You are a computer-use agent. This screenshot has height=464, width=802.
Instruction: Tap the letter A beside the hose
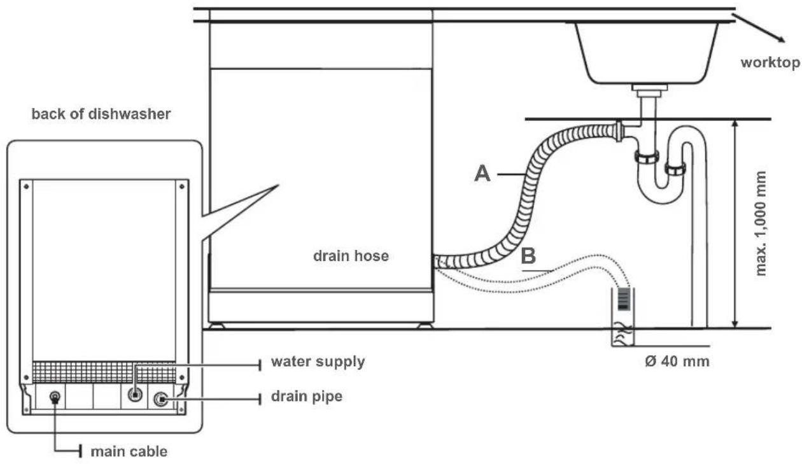pos(483,172)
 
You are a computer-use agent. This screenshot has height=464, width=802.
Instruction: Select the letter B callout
pos(530,257)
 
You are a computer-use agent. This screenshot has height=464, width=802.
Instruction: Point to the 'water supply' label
pos(318,362)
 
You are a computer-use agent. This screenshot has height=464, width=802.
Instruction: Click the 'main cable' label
pos(129,452)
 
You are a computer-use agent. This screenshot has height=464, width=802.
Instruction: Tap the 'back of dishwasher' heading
pos(101,115)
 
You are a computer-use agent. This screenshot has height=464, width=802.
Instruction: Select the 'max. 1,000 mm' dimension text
pos(761,223)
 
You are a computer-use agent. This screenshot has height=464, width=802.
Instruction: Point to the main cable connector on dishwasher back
pos(55,397)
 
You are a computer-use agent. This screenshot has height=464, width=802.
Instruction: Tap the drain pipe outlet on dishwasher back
pos(161,399)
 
